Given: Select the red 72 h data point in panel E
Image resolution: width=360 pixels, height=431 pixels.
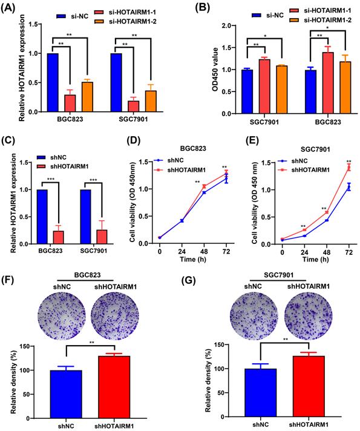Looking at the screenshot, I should (x=349, y=168).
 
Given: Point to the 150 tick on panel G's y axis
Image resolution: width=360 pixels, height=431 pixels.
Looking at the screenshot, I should (x=229, y=344).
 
